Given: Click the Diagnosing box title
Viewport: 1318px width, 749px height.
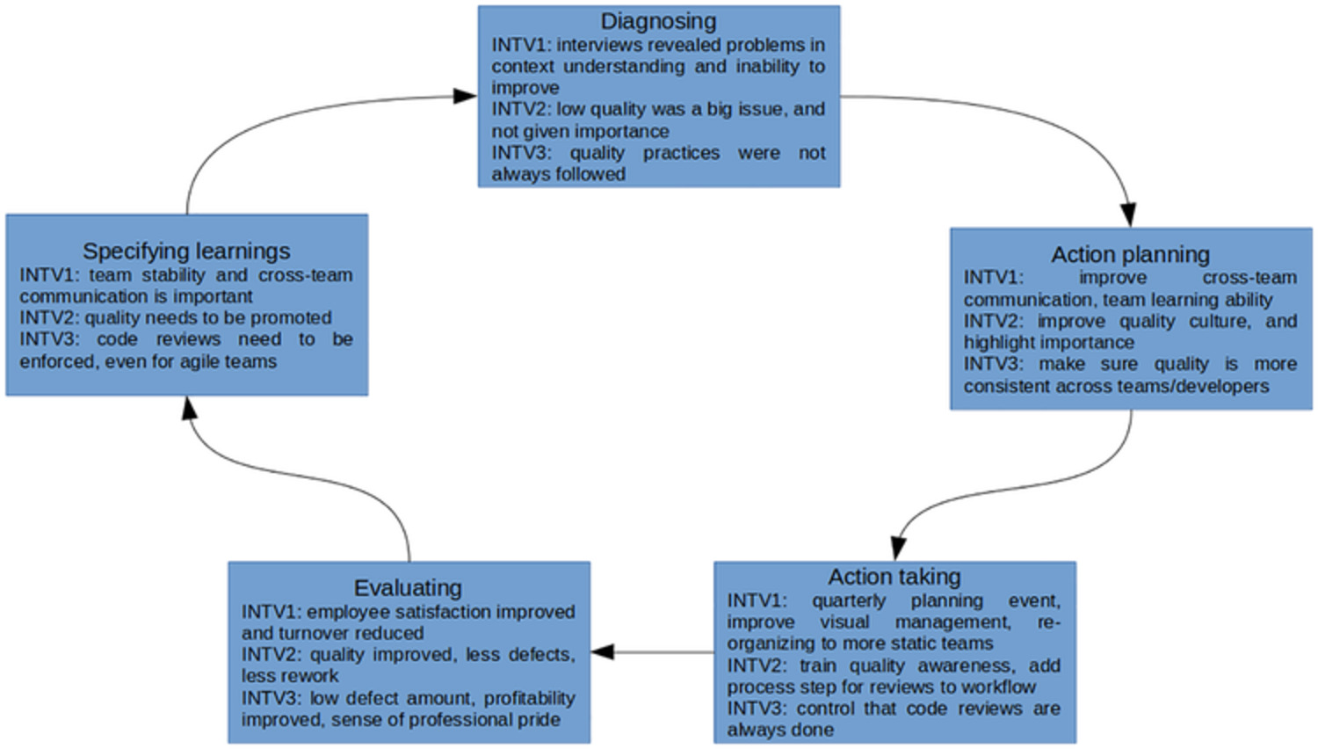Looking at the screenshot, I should pos(658,21).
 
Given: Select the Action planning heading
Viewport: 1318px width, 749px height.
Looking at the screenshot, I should pos(1130,255).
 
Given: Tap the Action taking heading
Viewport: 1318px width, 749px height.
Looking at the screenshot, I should pos(894,577).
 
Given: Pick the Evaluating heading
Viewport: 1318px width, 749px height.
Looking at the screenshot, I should pos(408,587).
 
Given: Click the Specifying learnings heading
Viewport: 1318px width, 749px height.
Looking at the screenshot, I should pos(186,251).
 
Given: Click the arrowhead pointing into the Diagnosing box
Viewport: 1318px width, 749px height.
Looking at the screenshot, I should pos(466,96).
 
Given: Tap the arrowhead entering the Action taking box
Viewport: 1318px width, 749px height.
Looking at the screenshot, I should pos(897,549).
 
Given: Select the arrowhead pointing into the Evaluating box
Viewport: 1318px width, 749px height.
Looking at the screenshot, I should pos(603,652).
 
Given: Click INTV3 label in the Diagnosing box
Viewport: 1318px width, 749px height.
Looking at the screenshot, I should pos(519,153).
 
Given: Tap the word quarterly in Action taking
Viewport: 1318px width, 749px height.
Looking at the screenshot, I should pos(849,600).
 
